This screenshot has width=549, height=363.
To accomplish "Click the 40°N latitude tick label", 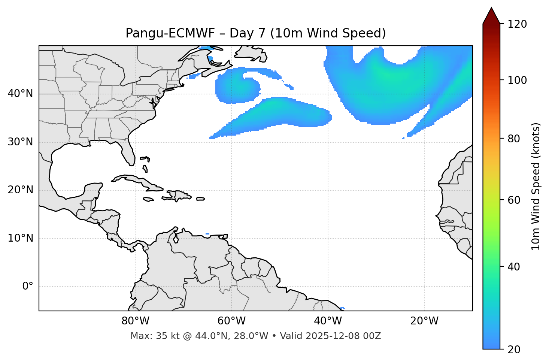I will coord(20,94).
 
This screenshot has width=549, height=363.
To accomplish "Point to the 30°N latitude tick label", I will coord(20,142).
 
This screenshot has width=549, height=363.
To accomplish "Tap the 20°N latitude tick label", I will coord(20,190).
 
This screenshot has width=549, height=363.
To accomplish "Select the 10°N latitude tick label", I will coord(20,238).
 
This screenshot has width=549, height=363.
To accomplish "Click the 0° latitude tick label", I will coord(28,287).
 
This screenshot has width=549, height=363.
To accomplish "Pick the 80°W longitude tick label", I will coord(135,321).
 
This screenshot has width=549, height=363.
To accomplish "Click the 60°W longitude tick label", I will coord(231,321).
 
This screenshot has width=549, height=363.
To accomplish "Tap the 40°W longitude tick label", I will coord(328,321).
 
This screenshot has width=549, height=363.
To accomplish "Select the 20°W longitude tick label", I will coord(424,321).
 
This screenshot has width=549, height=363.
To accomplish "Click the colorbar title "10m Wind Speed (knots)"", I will coord(536,187).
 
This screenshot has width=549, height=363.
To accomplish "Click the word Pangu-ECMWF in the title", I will coord(170,34).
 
